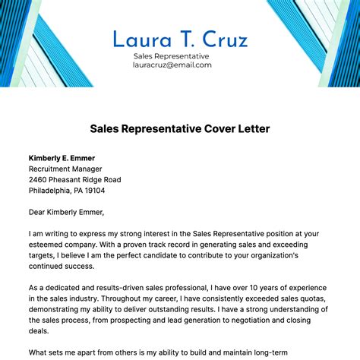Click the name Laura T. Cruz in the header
coord(179,39)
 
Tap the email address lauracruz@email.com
coord(172,65)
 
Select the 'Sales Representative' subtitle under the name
coord(171,56)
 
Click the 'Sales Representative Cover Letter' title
coord(180,129)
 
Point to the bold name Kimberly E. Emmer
coord(68,157)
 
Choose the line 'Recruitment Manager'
coord(65,169)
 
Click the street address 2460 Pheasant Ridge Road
coord(74,180)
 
